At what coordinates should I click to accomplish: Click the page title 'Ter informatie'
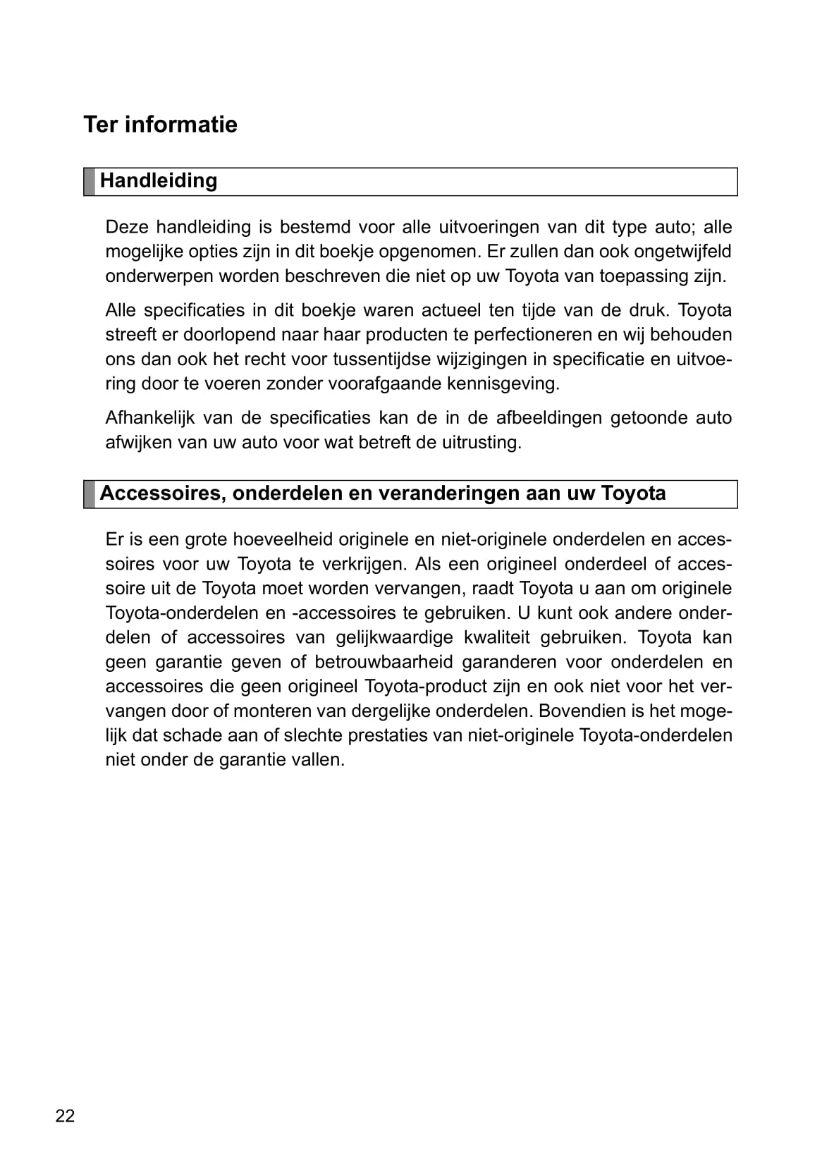(x=160, y=125)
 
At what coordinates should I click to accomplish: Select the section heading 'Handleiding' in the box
(x=159, y=180)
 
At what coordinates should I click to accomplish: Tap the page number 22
(x=65, y=1116)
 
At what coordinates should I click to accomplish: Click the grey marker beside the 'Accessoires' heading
(x=90, y=494)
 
